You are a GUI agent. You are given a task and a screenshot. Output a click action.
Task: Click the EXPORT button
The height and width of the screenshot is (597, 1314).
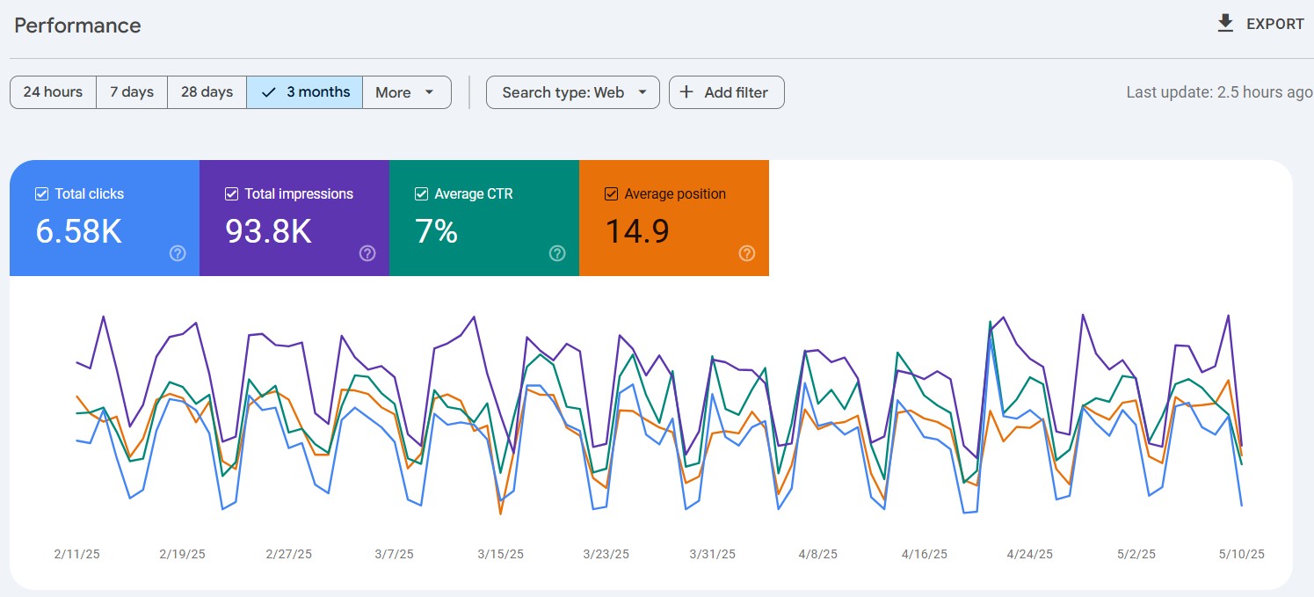point(1260,24)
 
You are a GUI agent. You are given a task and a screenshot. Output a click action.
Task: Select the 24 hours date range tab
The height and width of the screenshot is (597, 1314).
point(53,92)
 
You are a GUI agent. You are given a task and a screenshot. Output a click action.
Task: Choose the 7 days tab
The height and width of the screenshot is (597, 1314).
point(132,92)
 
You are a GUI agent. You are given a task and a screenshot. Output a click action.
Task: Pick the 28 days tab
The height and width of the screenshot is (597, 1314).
point(207,92)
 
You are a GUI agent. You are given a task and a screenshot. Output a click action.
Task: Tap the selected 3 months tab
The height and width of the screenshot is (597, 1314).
point(304,92)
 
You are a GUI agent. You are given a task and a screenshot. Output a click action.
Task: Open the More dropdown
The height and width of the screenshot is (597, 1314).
point(407,92)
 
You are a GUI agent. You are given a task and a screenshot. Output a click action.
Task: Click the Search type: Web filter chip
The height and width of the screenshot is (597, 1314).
point(572,92)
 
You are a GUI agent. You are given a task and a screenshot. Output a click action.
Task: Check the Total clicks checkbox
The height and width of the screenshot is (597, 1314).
point(41,193)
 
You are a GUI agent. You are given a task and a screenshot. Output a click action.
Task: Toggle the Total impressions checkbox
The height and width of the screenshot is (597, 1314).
point(232,193)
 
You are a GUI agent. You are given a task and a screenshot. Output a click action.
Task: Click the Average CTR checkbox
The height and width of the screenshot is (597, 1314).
point(421,193)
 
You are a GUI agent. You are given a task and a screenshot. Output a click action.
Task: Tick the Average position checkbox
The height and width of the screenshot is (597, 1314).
point(611,193)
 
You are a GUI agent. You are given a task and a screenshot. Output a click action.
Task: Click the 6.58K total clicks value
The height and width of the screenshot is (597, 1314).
point(78,230)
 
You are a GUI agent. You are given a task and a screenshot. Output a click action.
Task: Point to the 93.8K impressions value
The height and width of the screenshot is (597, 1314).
point(269,230)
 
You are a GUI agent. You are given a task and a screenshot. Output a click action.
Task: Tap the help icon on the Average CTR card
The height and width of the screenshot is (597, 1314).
point(557,253)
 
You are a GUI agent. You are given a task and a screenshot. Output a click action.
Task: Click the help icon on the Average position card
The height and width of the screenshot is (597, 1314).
point(747,253)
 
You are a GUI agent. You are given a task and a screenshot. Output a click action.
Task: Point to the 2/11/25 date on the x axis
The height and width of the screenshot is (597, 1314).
point(76,554)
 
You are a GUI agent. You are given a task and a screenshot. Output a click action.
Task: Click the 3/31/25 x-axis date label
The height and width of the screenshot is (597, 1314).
point(712,554)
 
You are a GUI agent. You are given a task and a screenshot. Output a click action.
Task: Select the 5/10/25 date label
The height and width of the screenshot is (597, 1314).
point(1242,554)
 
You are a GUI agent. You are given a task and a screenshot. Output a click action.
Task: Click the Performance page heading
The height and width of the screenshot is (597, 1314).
point(77,25)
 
